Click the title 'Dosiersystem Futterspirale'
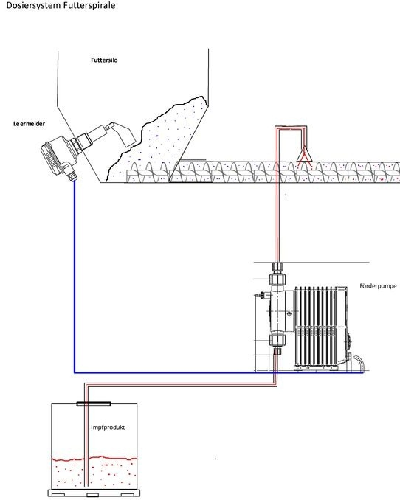point(61,5)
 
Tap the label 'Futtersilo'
point(104,60)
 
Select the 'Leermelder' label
point(29,123)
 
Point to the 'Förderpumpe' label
point(378,285)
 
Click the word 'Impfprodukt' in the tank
point(108,427)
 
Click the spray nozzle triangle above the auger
point(304,154)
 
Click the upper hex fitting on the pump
point(277,278)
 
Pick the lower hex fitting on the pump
point(277,340)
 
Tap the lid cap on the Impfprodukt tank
point(94,403)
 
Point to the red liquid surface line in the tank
point(94,459)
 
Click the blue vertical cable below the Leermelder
point(75,276)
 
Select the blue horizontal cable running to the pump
point(219,372)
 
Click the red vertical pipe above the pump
point(277,195)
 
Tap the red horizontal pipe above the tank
point(181,385)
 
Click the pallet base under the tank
point(94,493)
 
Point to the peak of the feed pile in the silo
point(201,97)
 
